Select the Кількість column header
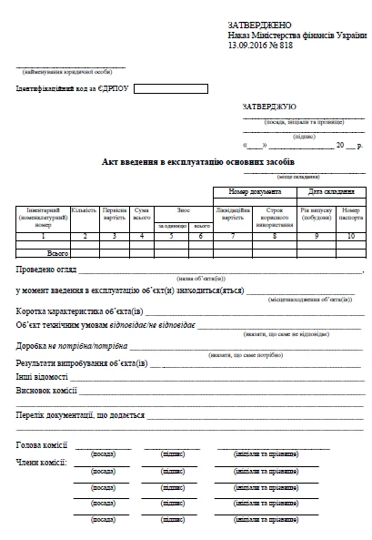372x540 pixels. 85,210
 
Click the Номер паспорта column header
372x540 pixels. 351,214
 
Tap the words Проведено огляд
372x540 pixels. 45,270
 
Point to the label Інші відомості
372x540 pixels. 42,376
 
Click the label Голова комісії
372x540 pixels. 42,445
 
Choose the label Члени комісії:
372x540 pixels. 42,464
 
